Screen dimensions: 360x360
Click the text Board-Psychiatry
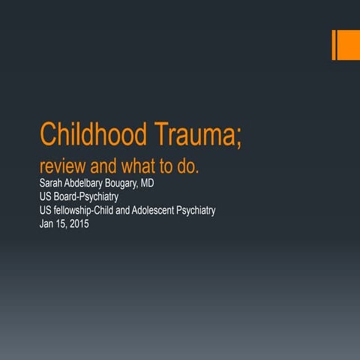pyautogui.click(x=88, y=197)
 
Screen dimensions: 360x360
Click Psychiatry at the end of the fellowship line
pyautogui.click(x=196, y=211)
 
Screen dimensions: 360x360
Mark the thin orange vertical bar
pyautogui.click(x=334, y=46)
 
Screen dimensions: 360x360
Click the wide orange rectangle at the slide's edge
pyautogui.click(x=349, y=46)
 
